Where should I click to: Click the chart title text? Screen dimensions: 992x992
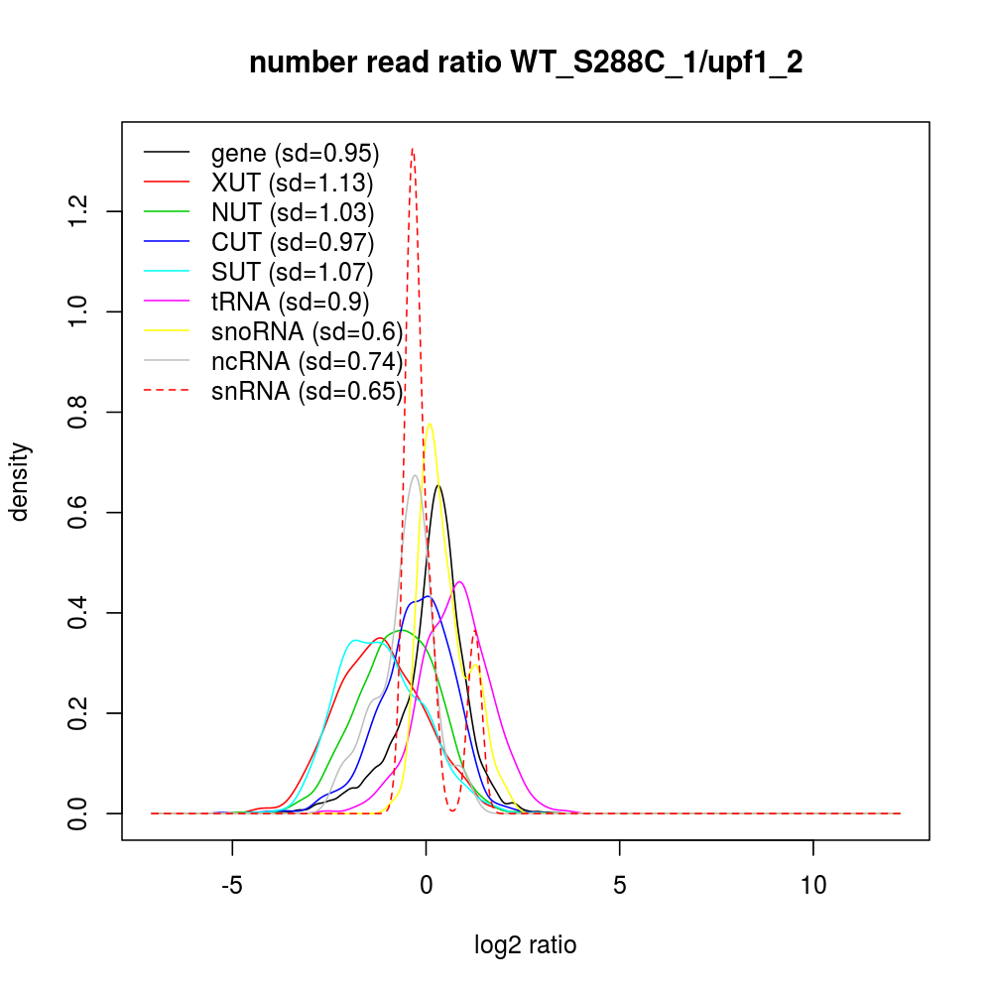coord(526,63)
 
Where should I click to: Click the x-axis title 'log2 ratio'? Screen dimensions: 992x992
coord(526,945)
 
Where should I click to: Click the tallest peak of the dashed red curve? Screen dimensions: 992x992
coord(413,149)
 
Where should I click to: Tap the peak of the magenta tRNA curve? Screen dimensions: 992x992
coord(459,581)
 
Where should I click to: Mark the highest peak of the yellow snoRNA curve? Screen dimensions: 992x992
coord(430,424)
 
